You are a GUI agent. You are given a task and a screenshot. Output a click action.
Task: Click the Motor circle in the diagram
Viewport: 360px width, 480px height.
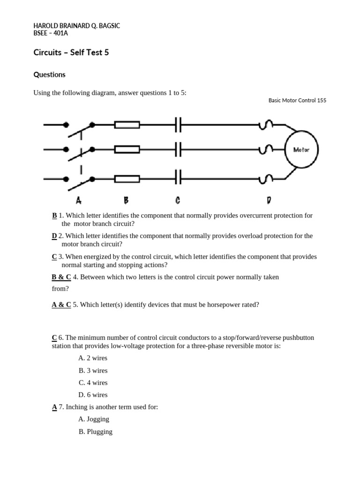tap(301, 150)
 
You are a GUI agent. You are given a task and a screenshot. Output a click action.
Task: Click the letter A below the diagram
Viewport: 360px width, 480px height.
tap(79, 200)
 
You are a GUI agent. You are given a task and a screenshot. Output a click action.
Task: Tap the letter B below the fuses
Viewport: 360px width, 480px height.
tap(126, 200)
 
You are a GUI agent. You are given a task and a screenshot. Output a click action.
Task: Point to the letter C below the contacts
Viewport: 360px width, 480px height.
tap(178, 200)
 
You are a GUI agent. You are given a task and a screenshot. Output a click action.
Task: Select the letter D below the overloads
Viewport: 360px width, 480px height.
tap(269, 200)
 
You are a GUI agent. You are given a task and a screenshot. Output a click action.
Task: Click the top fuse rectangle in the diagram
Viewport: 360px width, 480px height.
tap(127, 125)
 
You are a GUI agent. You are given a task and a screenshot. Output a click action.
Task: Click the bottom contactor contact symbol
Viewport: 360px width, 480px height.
tap(178, 179)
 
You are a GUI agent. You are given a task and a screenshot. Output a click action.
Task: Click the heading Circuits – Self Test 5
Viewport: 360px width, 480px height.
tap(71, 52)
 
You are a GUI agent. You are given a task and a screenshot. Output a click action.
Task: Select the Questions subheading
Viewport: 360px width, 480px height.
tap(50, 75)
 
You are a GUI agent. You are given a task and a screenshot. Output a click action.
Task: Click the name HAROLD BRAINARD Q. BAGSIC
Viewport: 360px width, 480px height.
tap(77, 26)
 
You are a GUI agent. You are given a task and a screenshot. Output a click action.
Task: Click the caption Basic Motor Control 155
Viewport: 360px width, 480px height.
tap(297, 100)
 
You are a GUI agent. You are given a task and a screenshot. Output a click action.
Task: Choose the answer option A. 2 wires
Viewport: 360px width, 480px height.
tap(93, 358)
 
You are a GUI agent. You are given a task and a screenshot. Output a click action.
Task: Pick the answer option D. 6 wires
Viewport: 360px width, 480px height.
tap(93, 395)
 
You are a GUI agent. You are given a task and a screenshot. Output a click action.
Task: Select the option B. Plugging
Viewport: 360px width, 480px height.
tap(96, 432)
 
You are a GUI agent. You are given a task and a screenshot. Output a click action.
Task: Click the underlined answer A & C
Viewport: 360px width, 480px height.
tap(61, 305)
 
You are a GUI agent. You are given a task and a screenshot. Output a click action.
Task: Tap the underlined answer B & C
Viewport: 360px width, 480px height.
tap(61, 277)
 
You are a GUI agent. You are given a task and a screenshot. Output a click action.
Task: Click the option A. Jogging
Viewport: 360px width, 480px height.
tap(94, 419)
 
